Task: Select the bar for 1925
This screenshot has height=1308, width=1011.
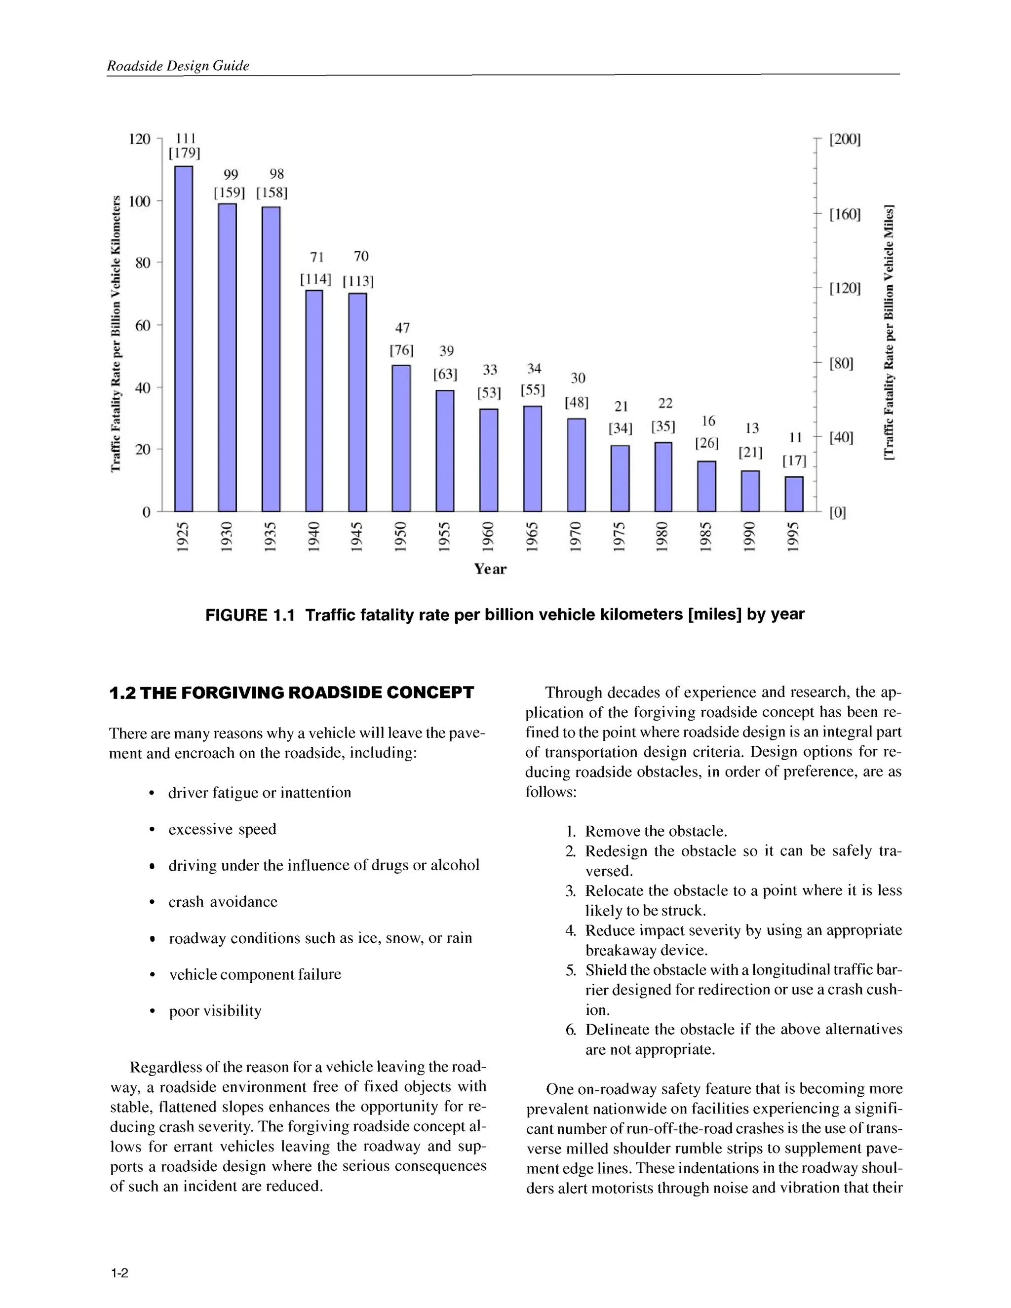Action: [184, 339]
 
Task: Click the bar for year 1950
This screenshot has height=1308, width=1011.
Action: [401, 438]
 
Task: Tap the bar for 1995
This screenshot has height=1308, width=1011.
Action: [794, 494]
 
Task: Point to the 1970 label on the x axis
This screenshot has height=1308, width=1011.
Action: [576, 536]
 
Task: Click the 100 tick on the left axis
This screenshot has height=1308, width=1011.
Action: [140, 201]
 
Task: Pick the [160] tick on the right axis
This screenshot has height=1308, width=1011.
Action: [845, 214]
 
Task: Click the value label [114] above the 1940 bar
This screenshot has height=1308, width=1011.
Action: [315, 279]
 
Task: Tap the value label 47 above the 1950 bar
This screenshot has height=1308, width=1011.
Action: [402, 328]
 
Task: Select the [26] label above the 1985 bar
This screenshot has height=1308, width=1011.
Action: [707, 443]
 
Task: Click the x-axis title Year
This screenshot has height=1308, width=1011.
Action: [490, 569]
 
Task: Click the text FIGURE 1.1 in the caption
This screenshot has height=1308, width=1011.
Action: [250, 615]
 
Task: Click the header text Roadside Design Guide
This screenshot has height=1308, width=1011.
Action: [178, 66]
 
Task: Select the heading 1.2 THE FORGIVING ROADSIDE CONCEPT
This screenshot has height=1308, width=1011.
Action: [292, 693]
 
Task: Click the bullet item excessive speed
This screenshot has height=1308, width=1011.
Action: [222, 830]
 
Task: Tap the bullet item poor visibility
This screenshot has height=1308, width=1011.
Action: [215, 1011]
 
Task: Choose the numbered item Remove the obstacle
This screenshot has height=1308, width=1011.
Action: [656, 831]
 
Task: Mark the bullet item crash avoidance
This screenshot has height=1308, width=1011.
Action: [223, 902]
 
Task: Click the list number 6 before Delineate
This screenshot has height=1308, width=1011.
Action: [570, 1030]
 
